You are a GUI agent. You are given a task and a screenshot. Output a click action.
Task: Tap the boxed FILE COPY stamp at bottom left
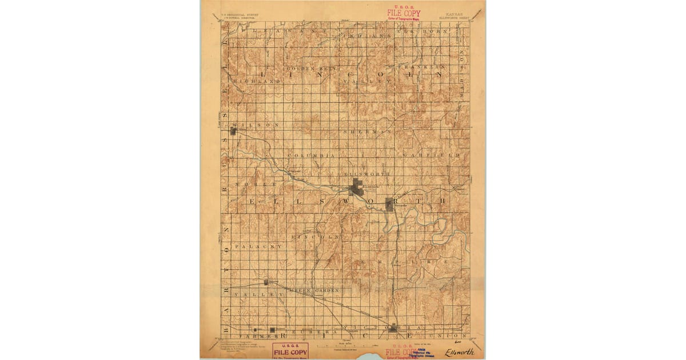coord(290,351)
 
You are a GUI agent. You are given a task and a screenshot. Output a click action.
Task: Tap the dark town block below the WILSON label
coord(233,131)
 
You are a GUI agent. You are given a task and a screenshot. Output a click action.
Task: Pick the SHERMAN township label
coord(368,131)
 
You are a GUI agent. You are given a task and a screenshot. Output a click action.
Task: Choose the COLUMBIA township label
coord(311,155)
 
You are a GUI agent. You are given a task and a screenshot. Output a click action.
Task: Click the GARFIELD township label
coord(431,155)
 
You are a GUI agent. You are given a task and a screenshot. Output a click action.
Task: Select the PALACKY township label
coord(258,246)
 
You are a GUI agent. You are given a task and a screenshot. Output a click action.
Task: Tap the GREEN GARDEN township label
coord(314,290)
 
